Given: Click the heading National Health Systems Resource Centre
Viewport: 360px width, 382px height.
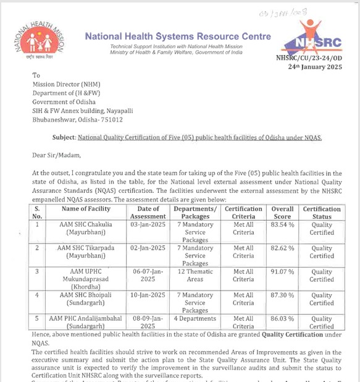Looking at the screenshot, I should point(178,36).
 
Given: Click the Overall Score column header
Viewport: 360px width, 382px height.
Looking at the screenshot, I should point(283,213).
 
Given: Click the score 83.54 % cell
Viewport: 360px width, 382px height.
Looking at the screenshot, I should point(283,224).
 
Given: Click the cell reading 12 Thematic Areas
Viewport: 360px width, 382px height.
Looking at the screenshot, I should point(195,274).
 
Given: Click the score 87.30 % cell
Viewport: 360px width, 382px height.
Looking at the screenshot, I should point(283,295).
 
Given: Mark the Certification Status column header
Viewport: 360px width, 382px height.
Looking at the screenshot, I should point(321,213).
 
